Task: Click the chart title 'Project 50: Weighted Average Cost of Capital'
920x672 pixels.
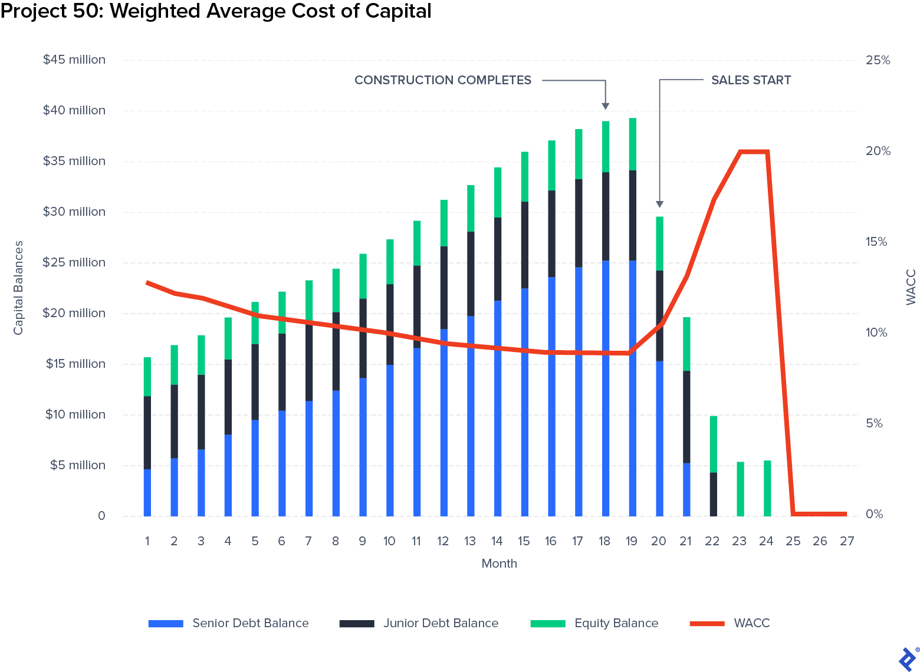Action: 216,11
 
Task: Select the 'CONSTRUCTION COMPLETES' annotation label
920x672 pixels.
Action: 442,80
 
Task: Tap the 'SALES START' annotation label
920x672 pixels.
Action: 751,80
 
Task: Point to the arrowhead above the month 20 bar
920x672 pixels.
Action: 659,204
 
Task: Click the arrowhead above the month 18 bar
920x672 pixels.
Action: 605,106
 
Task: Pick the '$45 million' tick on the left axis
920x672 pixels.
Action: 74,60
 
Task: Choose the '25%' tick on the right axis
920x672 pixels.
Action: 878,60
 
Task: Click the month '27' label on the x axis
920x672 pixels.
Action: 846,541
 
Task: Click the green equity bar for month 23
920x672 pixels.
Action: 740,489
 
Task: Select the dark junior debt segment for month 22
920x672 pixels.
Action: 713,494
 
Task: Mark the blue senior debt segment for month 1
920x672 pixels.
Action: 147,493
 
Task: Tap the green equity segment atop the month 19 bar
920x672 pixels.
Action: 632,144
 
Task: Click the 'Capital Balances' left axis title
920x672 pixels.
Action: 18,288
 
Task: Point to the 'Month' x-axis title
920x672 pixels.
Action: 499,564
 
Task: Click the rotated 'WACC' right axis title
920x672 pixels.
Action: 911,288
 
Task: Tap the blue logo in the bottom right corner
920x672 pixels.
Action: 906,658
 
